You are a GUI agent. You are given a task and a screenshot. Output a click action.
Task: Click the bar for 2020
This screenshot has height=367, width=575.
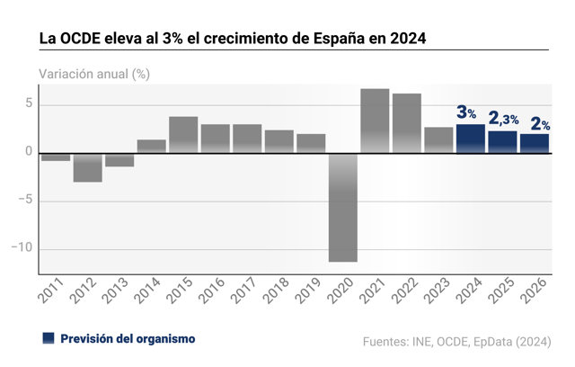pyautogui.click(x=343, y=208)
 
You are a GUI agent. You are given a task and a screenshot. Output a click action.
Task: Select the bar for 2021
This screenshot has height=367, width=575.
pyautogui.click(x=375, y=121)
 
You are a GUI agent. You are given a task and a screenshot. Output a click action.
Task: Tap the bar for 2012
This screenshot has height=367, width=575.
pyautogui.click(x=88, y=167)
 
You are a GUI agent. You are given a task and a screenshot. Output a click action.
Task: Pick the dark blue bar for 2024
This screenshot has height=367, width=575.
pyautogui.click(x=471, y=139)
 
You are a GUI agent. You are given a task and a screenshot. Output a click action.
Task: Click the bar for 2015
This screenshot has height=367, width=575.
pyautogui.click(x=183, y=135)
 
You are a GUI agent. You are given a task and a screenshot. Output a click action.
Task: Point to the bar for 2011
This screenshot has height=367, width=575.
pyautogui.click(x=56, y=157)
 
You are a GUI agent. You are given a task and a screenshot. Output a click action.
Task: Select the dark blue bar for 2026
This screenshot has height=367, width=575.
pyautogui.click(x=535, y=144)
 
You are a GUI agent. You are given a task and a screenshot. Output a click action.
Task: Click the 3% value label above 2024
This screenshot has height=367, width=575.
pyautogui.click(x=466, y=112)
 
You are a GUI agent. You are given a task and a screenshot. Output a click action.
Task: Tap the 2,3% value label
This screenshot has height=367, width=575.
pyautogui.click(x=503, y=119)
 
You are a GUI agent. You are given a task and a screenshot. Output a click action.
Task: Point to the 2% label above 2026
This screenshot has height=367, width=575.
pyautogui.click(x=540, y=124)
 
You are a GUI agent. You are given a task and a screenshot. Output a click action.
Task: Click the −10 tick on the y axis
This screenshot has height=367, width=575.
pyautogui.click(x=22, y=247)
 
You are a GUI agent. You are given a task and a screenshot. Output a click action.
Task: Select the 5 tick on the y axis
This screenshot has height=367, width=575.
pyautogui.click(x=29, y=103)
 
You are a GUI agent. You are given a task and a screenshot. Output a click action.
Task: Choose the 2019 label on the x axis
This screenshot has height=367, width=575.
pyautogui.click(x=308, y=291)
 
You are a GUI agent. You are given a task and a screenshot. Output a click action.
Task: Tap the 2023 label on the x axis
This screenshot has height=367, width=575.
pyautogui.click(x=437, y=291)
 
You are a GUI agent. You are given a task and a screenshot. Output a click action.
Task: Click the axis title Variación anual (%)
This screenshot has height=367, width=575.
pyautogui.click(x=94, y=74)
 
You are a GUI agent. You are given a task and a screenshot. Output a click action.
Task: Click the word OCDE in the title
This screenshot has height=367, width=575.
pyautogui.click(x=80, y=39)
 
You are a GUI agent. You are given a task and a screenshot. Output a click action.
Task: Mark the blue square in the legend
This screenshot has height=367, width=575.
pyautogui.click(x=49, y=338)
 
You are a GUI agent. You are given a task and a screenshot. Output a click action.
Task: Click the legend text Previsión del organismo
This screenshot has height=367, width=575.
pyautogui.click(x=128, y=339)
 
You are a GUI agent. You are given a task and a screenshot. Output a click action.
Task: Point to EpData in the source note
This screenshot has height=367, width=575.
pyautogui.click(x=492, y=342)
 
